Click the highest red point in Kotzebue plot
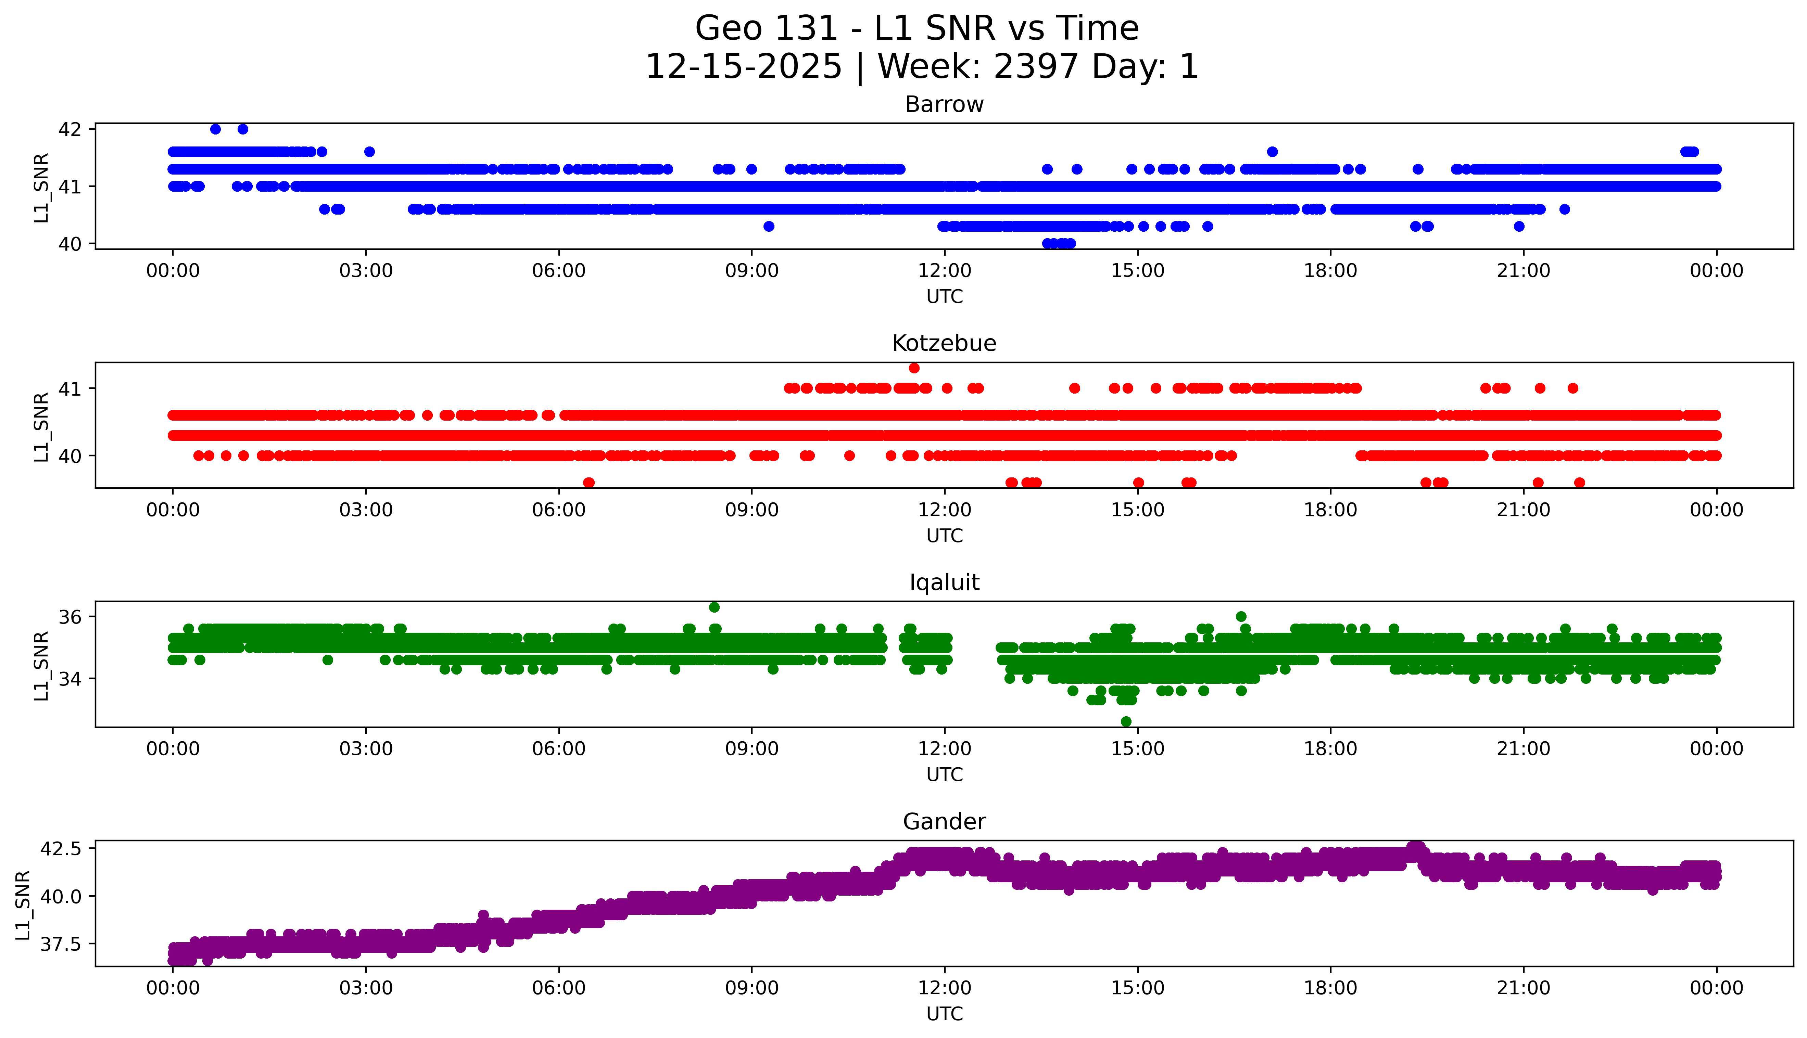(x=914, y=368)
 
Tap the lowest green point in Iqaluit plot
(x=1126, y=721)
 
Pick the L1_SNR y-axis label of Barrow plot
(x=41, y=188)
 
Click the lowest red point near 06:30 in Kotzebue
(x=588, y=483)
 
